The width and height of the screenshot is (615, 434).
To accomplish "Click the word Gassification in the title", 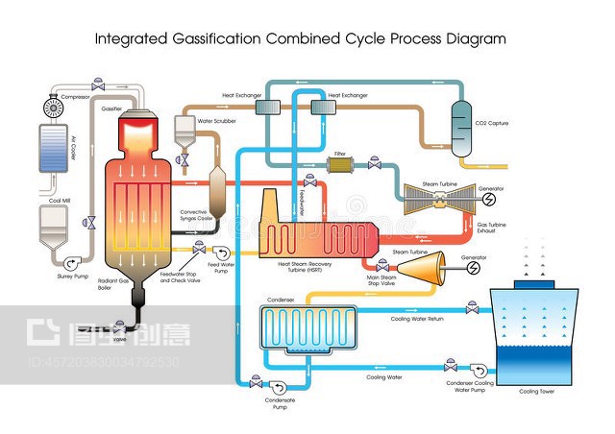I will pos(209,39).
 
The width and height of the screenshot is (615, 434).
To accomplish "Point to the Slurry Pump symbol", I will pos(68,263).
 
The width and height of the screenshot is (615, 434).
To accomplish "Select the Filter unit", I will pos(340,166).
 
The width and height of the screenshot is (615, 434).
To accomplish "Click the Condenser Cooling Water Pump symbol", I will pos(477,367).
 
